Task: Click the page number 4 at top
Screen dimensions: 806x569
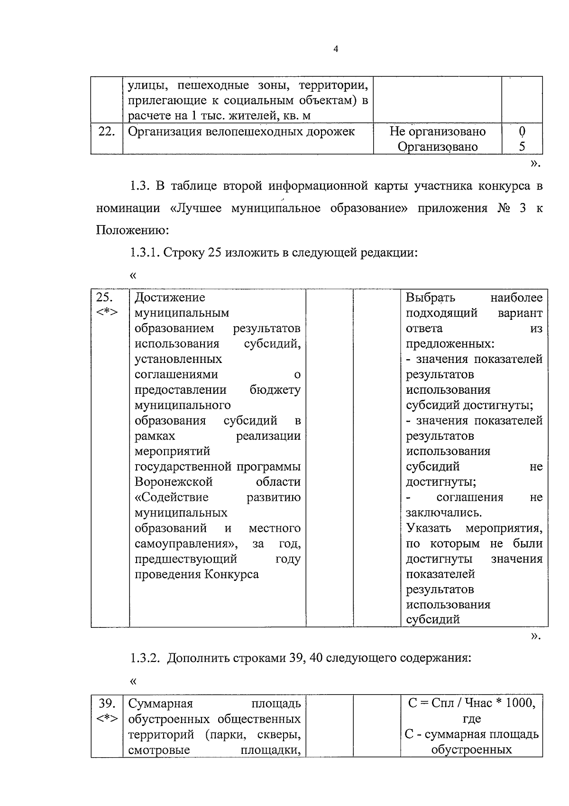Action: (x=336, y=50)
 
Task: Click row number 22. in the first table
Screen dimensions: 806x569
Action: (x=107, y=132)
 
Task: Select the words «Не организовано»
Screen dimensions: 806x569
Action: (x=437, y=131)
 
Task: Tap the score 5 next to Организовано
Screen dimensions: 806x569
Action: (x=522, y=146)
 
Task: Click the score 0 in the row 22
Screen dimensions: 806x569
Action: (x=522, y=131)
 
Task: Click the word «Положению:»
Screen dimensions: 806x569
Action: (x=132, y=230)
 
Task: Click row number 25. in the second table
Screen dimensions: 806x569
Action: (x=104, y=298)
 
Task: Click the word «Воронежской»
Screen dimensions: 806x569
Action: (x=174, y=482)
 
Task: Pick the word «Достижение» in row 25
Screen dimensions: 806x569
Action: (x=170, y=298)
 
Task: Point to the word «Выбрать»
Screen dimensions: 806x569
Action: (x=430, y=298)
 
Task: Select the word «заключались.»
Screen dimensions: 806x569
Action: (x=437, y=513)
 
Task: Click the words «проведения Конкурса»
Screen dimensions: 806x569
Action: (x=196, y=574)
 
